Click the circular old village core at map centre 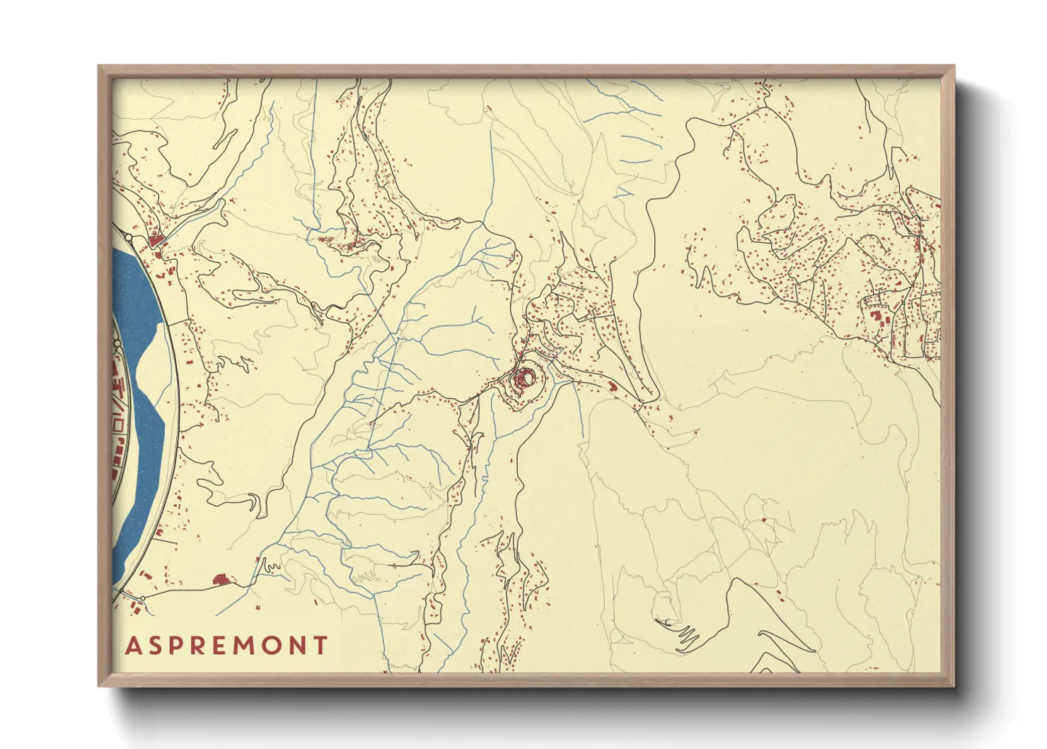click(x=526, y=379)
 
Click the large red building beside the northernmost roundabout click(x=156, y=241)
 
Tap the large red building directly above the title click(x=221, y=581)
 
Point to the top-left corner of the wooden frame click(x=99, y=67)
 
